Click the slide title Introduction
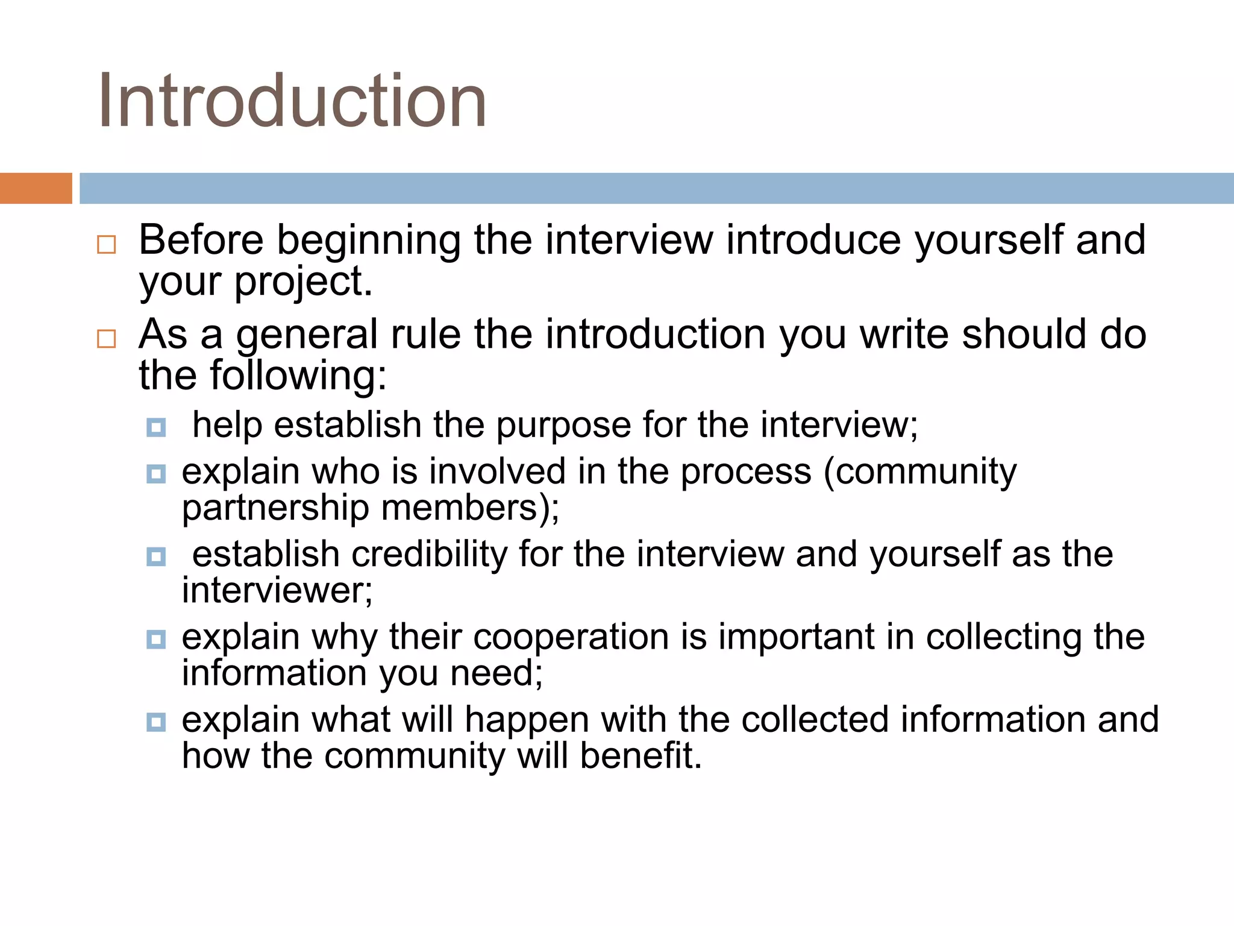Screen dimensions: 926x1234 (292, 101)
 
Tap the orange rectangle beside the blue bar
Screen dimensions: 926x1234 (36, 188)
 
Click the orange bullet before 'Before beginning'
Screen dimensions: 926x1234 (107, 245)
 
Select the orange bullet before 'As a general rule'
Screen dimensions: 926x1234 (107, 339)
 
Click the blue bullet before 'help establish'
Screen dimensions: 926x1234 (156, 427)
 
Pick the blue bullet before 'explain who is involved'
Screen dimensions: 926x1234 (156, 474)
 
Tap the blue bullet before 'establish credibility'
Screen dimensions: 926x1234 (156, 556)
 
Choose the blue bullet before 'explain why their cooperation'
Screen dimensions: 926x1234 (156, 639)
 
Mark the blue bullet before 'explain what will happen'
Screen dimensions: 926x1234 (156, 722)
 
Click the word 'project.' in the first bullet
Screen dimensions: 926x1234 (303, 282)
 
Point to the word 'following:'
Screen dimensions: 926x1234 (298, 376)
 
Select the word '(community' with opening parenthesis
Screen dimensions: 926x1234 (919, 472)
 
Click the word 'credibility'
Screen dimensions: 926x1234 (429, 555)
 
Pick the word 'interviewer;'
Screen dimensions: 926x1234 (277, 591)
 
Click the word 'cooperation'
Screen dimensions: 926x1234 (571, 637)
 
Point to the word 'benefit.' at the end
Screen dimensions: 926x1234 (641, 756)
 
